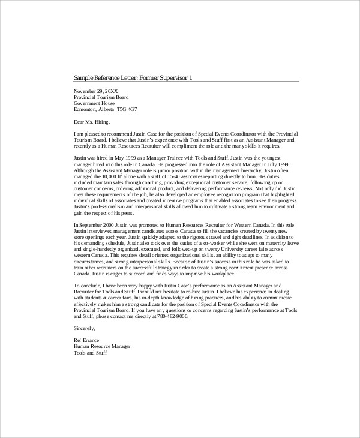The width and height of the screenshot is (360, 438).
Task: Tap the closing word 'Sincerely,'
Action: pos(85,329)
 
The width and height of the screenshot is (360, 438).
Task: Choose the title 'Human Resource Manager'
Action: pos(102,347)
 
